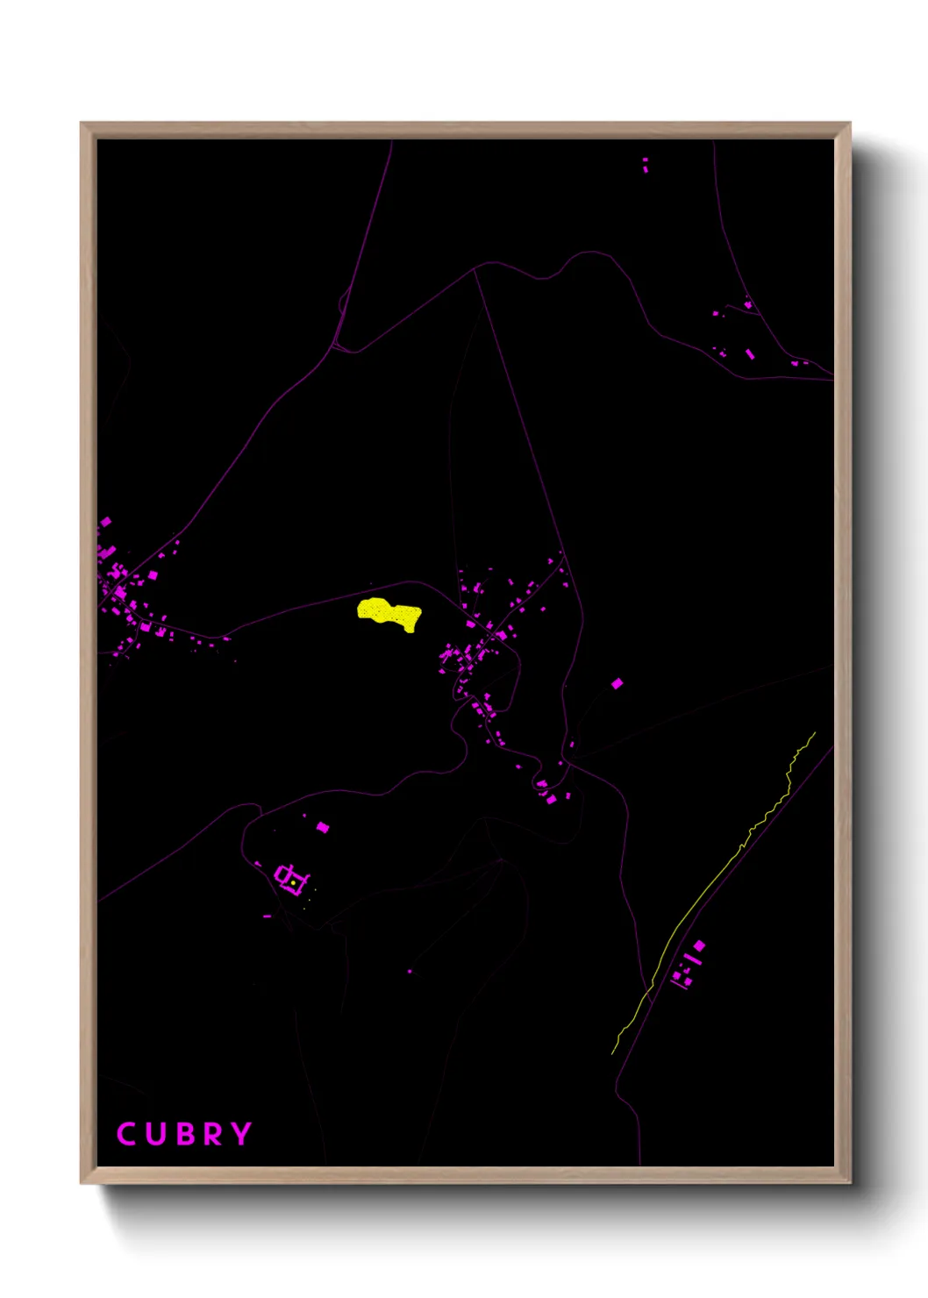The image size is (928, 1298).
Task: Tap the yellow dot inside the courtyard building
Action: pyautogui.click(x=293, y=883)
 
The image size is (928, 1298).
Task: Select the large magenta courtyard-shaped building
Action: pyautogui.click(x=289, y=878)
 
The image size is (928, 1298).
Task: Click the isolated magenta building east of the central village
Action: pyautogui.click(x=617, y=683)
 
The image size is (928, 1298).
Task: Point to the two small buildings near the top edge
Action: pyautogui.click(x=646, y=164)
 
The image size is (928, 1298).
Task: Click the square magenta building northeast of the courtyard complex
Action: pyautogui.click(x=322, y=826)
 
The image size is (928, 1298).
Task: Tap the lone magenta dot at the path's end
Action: pyautogui.click(x=410, y=972)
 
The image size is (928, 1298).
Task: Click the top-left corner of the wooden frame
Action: pyautogui.click(x=82, y=124)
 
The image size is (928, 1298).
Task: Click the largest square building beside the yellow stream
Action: pyautogui.click(x=699, y=945)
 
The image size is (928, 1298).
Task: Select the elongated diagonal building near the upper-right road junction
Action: pyautogui.click(x=750, y=354)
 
